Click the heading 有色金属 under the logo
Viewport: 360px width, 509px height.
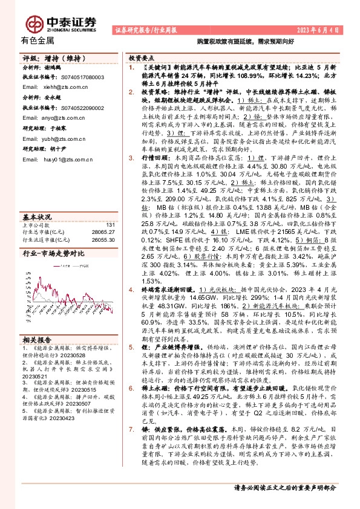(x=37, y=41)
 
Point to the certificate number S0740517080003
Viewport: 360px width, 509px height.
(x=83, y=77)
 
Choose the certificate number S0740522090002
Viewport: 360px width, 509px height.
(x=83, y=107)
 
